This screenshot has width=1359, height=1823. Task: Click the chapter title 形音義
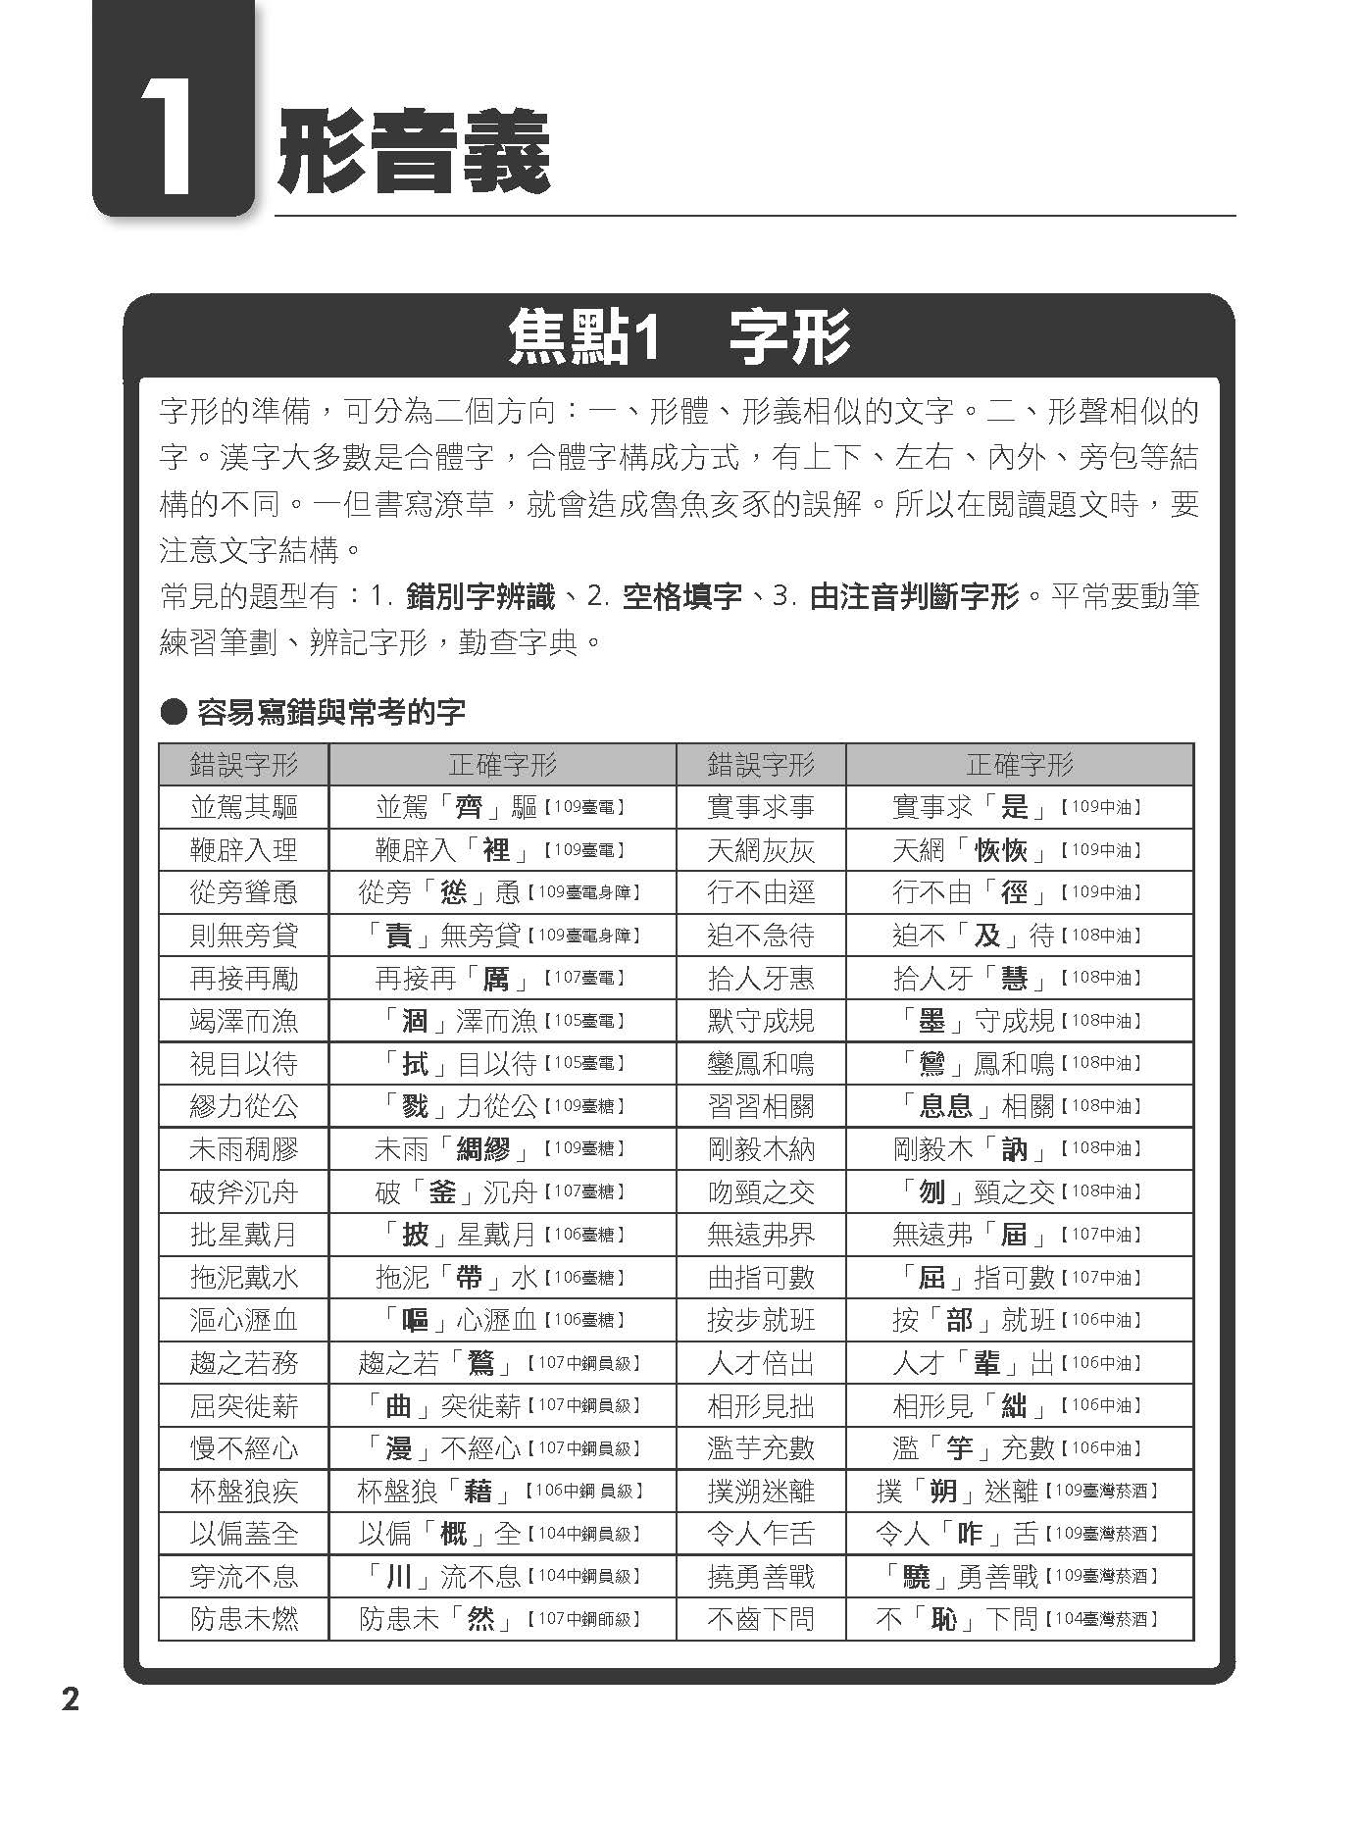[413, 155]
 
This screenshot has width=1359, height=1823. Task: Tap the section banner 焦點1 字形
[679, 338]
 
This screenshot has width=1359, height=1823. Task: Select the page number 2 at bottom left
[70, 1698]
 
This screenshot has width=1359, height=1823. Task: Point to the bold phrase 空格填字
[682, 596]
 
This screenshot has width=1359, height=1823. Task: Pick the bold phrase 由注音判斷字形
[914, 596]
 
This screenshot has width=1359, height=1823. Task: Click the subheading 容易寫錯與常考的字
[330, 712]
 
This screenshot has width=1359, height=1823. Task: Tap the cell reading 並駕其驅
[243, 807]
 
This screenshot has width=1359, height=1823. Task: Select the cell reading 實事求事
[761, 807]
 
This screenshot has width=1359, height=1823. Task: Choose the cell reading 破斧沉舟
[243, 1191]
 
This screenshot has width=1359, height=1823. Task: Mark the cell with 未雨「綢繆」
[501, 1148]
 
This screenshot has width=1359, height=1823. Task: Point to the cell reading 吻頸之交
[761, 1191]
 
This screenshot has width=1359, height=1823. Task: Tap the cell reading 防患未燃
[243, 1618]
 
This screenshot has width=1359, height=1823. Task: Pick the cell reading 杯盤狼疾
[243, 1491]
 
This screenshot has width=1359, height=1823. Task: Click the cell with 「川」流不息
[501, 1576]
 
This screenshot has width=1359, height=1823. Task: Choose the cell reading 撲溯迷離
[761, 1491]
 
